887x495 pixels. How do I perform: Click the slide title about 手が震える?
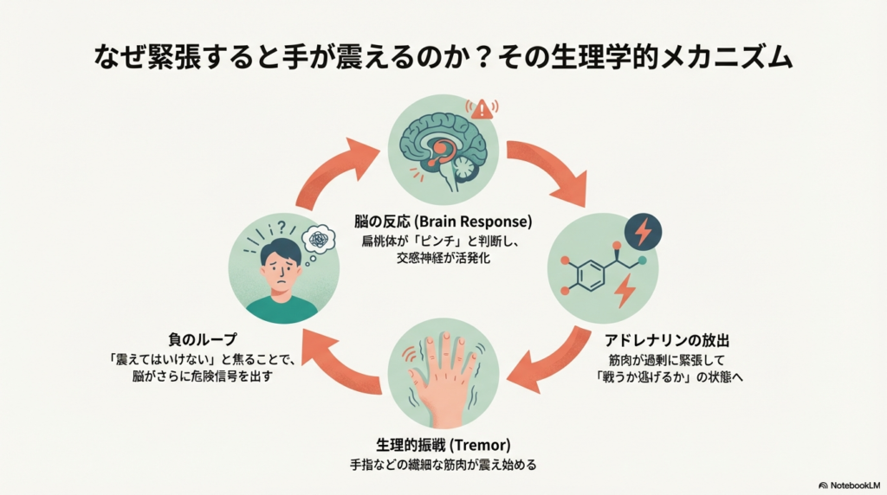click(443, 58)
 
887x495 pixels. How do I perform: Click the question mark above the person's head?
click(282, 226)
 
